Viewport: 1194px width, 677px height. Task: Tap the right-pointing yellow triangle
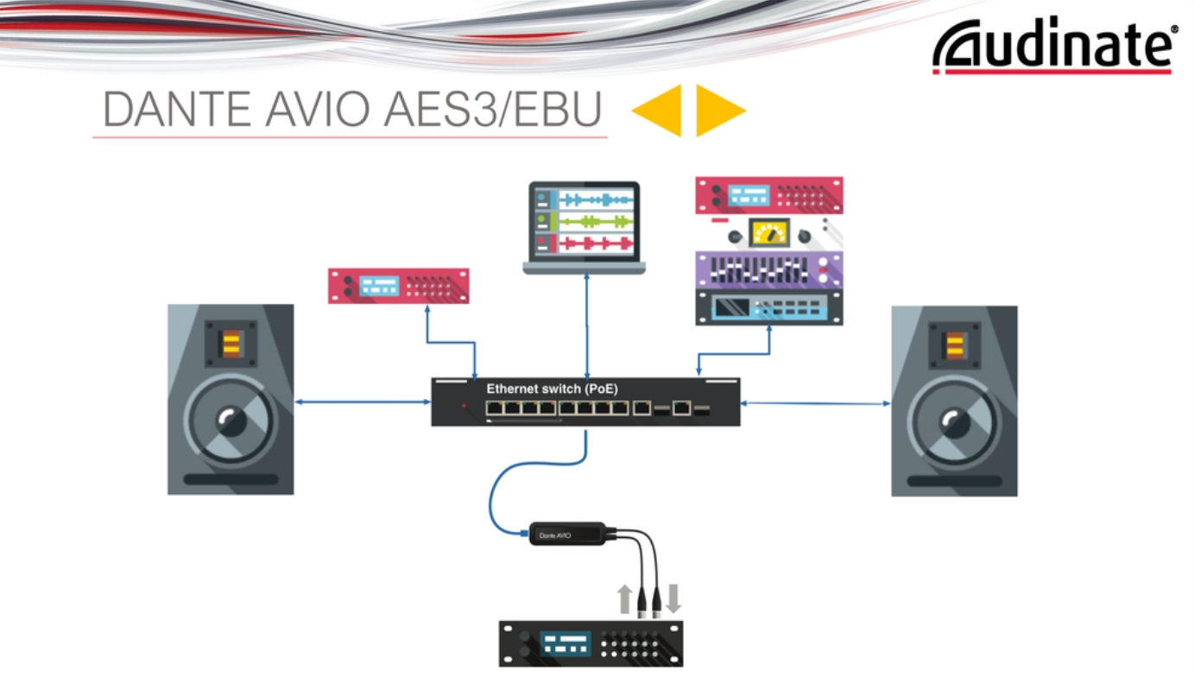pos(717,110)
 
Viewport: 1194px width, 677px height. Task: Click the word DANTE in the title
pos(165,111)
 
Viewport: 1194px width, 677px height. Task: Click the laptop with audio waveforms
pos(584,227)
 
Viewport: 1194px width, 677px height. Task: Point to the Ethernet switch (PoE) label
pos(552,389)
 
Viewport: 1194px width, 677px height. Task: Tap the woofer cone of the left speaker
pos(231,421)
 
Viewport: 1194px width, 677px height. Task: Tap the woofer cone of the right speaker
pos(954,422)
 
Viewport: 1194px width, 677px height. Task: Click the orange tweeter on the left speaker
pos(231,345)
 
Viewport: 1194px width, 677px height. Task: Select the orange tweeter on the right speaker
pos(954,345)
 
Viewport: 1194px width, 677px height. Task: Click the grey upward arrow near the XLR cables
pos(624,598)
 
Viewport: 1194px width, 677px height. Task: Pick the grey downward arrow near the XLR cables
pos(673,598)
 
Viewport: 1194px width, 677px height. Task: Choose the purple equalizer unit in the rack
pos(768,269)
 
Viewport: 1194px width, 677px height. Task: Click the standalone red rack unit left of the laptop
pos(398,286)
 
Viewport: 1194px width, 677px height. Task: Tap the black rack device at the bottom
pos(591,643)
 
